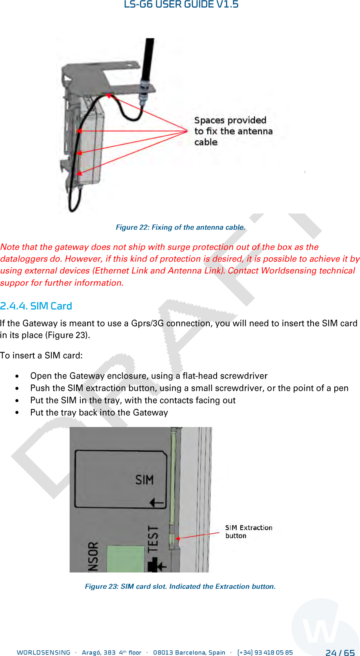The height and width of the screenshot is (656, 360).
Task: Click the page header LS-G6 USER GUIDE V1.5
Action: pyautogui.click(x=181, y=5)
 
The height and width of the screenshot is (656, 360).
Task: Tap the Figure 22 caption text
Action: pyautogui.click(x=180, y=227)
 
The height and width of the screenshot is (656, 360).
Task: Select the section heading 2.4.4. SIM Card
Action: pyautogui.click(x=36, y=306)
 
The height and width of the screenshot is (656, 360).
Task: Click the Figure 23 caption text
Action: pyautogui.click(x=180, y=586)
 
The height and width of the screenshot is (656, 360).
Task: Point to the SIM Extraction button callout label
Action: pyautogui.click(x=248, y=532)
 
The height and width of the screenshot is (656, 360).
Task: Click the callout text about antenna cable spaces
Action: pyautogui.click(x=233, y=131)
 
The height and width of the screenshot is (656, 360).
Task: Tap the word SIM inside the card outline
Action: pyautogui.click(x=145, y=480)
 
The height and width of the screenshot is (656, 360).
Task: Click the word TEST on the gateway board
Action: pyautogui.click(x=153, y=539)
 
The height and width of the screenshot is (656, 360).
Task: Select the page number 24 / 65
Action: pyautogui.click(x=340, y=653)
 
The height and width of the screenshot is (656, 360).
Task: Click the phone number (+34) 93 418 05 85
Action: pyautogui.click(x=265, y=652)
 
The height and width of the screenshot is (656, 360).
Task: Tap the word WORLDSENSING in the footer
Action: pyautogui.click(x=44, y=652)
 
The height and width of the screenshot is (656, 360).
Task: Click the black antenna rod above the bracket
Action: pyautogui.click(x=149, y=57)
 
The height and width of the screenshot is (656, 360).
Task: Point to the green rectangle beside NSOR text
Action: pyautogui.click(x=125, y=558)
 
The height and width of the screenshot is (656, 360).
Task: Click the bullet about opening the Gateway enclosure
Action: pyautogui.click(x=149, y=376)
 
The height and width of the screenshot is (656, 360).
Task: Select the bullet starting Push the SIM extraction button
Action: pyautogui.click(x=189, y=388)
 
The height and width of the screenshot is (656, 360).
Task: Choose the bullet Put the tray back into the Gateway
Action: pyautogui.click(x=99, y=412)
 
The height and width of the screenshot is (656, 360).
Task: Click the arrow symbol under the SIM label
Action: pyautogui.click(x=157, y=503)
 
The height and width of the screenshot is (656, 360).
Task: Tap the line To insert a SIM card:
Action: pyautogui.click(x=42, y=355)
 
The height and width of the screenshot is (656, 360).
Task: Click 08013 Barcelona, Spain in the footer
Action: pyautogui.click(x=189, y=652)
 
